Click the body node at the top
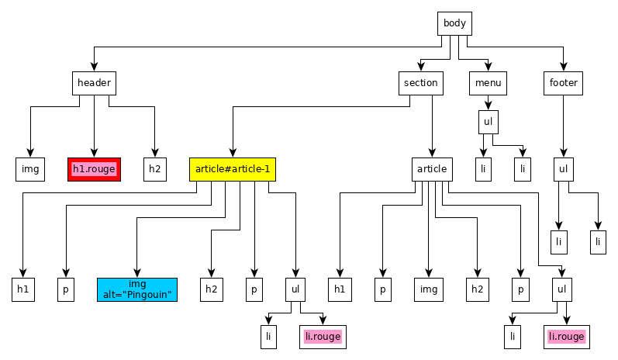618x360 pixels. tap(454, 23)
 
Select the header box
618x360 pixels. tap(94, 83)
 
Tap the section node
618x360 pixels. tap(421, 83)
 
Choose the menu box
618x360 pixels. tap(488, 83)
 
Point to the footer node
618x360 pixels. tap(563, 83)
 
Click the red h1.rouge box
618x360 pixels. tap(94, 170)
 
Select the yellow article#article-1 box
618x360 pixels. tap(233, 170)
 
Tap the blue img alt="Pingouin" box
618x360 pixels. tap(137, 290)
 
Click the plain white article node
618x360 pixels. tap(432, 170)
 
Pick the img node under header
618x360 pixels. tap(30, 170)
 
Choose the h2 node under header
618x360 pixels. tap(155, 170)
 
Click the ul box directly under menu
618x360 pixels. tap(489, 123)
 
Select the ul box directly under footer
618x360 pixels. tap(564, 170)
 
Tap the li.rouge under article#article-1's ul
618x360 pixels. tap(323, 337)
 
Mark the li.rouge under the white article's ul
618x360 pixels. tap(567, 337)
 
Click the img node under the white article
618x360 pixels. tap(429, 290)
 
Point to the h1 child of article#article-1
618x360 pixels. tap(23, 290)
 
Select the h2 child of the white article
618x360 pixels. tap(478, 290)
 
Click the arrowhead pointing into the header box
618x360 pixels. tap(94, 67)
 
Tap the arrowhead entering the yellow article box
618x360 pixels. tap(233, 154)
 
